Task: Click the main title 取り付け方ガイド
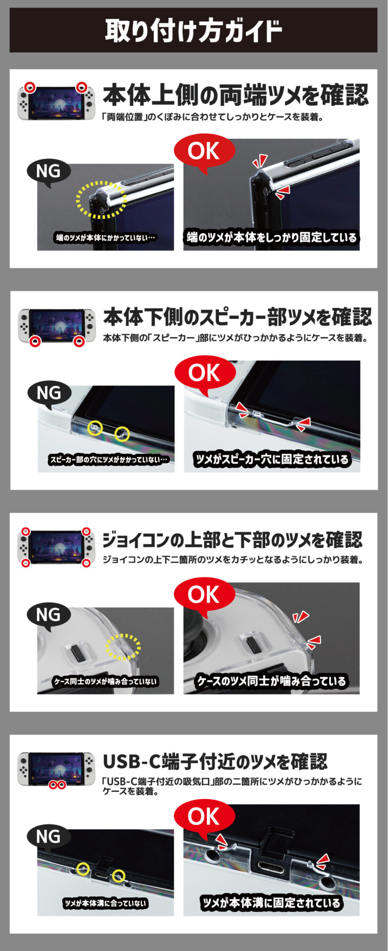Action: click(x=194, y=31)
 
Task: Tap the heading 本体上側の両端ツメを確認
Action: click(x=236, y=95)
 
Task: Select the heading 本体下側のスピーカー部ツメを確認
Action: click(x=238, y=317)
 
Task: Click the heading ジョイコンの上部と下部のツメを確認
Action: click(x=232, y=539)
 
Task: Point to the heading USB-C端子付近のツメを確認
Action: click(x=215, y=761)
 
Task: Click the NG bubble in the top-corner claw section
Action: click(x=48, y=171)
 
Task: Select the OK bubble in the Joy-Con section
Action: click(x=203, y=594)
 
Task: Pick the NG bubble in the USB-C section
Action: click(x=48, y=837)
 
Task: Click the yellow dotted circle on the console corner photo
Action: click(x=101, y=200)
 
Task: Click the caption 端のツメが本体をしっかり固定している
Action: click(x=271, y=237)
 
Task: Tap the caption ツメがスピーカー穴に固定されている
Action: click(x=272, y=459)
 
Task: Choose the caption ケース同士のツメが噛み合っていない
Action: click(x=105, y=682)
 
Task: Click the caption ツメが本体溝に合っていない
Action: click(x=105, y=903)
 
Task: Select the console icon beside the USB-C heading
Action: click(x=56, y=770)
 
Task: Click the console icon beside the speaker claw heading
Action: click(x=56, y=326)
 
